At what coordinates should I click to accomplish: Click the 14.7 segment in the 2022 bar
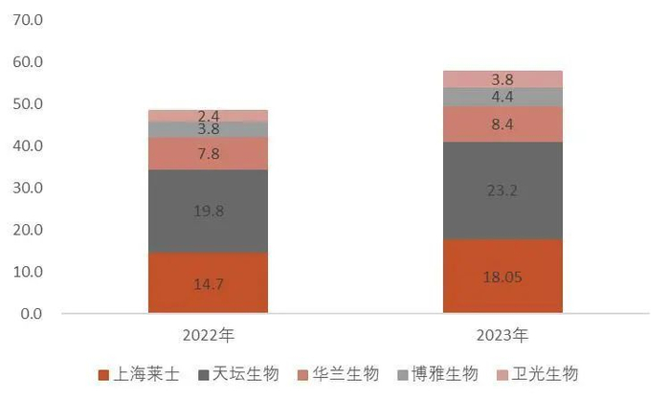coord(208,283)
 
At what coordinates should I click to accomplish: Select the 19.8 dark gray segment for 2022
coord(208,211)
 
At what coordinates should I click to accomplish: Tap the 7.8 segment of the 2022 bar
coord(208,153)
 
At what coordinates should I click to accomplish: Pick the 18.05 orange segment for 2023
coord(502,277)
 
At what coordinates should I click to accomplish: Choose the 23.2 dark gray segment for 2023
coord(502,190)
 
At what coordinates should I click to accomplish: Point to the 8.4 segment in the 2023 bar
coord(502,123)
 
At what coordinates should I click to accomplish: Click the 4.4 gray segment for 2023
coord(502,97)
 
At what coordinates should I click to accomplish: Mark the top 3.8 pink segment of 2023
coord(502,79)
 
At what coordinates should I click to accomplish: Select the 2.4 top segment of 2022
coord(208,116)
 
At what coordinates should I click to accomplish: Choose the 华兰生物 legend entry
coord(344,374)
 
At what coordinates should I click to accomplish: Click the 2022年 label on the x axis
coord(208,336)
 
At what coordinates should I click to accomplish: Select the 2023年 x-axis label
coord(502,336)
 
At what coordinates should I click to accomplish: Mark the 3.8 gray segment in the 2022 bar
coord(208,129)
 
